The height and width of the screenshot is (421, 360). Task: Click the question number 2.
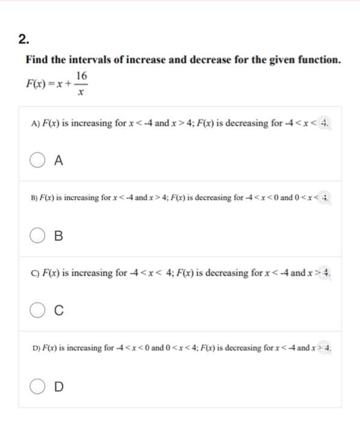(x=22, y=40)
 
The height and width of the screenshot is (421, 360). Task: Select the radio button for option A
(x=38, y=161)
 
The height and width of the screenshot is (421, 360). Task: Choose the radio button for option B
(x=38, y=236)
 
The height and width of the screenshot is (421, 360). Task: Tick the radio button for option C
(x=38, y=311)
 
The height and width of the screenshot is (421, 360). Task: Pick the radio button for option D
(x=38, y=386)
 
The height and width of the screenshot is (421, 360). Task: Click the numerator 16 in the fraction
(x=82, y=76)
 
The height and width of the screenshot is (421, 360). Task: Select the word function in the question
(x=318, y=60)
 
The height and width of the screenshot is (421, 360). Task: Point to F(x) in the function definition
(x=37, y=85)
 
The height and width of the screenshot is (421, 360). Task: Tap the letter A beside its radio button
(x=58, y=161)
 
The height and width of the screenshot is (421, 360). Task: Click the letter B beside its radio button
(x=58, y=236)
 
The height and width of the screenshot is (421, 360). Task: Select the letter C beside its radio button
(x=58, y=311)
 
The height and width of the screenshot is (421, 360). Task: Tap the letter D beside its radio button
(x=58, y=386)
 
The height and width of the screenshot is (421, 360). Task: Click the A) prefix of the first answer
(x=34, y=123)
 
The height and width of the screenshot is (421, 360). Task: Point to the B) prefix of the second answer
(x=34, y=197)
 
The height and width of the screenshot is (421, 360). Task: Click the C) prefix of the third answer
(x=34, y=272)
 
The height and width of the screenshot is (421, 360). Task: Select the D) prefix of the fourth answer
(x=34, y=348)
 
